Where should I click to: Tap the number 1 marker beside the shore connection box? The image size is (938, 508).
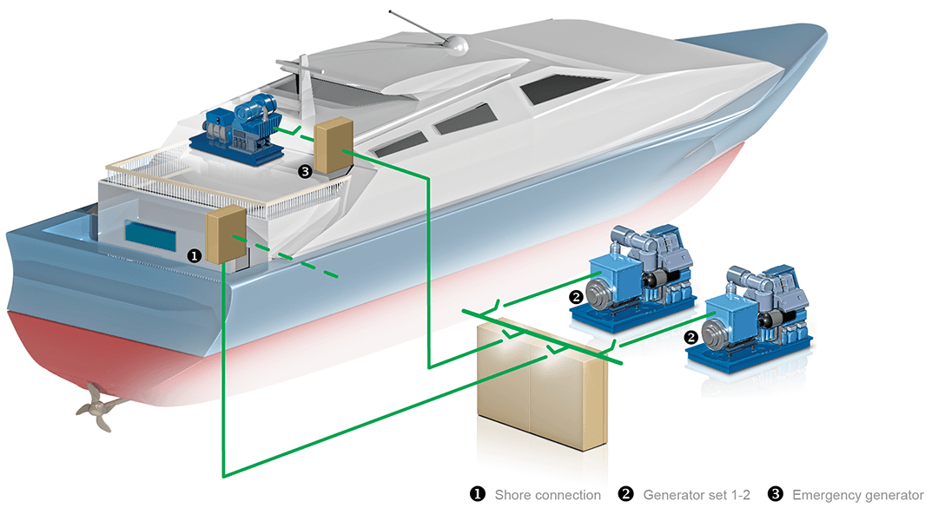click(x=195, y=256)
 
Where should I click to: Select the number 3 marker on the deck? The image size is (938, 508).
click(x=304, y=171)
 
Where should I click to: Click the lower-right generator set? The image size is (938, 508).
click(x=756, y=318)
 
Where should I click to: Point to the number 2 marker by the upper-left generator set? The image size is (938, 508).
click(x=575, y=296)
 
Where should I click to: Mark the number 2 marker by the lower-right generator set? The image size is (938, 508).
click(x=691, y=335)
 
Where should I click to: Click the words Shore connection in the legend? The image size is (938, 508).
click(x=547, y=495)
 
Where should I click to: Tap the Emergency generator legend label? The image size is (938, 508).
click(x=858, y=495)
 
